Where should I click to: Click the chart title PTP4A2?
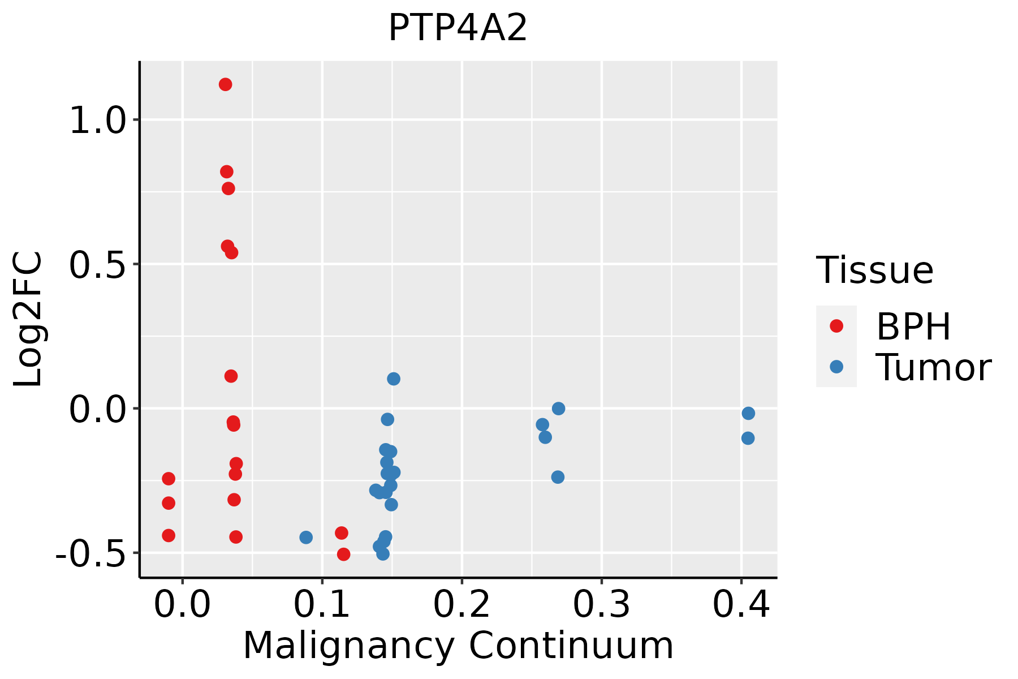[458, 28]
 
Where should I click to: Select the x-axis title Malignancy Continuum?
[458, 646]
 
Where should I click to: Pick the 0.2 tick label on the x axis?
[461, 605]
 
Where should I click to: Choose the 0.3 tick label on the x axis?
[601, 605]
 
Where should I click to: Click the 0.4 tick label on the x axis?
[741, 605]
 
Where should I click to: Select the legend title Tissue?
[874, 270]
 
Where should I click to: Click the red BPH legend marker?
[836, 326]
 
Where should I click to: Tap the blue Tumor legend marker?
[836, 367]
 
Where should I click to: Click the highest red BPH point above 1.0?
[225, 85]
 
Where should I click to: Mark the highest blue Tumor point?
[394, 379]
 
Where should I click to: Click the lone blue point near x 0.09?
[306, 537]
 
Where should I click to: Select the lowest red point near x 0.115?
[343, 555]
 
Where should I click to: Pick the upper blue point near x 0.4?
[748, 414]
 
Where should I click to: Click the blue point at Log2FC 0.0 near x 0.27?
[558, 409]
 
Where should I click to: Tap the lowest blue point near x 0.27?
[558, 477]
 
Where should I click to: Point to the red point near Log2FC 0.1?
[231, 376]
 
